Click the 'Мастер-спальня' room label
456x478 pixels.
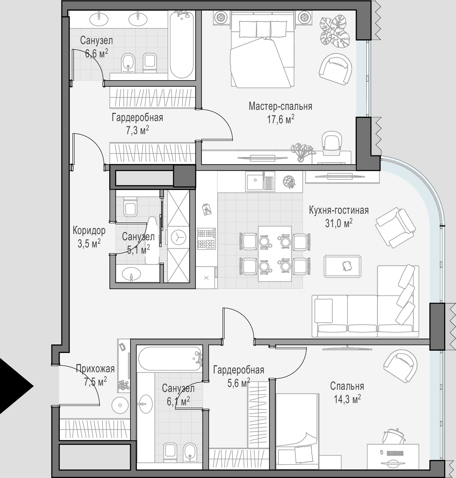(280, 106)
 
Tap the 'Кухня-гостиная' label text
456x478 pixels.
(339, 210)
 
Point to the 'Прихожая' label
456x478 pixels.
(96, 369)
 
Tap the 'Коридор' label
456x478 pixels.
(89, 231)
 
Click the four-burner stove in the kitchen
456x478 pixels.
(206, 238)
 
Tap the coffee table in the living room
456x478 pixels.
(342, 266)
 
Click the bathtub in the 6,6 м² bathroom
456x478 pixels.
(182, 45)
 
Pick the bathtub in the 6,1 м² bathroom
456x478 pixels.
(170, 358)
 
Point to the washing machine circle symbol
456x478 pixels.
(178, 238)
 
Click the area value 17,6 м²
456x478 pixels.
(281, 119)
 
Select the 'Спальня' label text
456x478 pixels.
(347, 386)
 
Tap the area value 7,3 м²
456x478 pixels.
(137, 130)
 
